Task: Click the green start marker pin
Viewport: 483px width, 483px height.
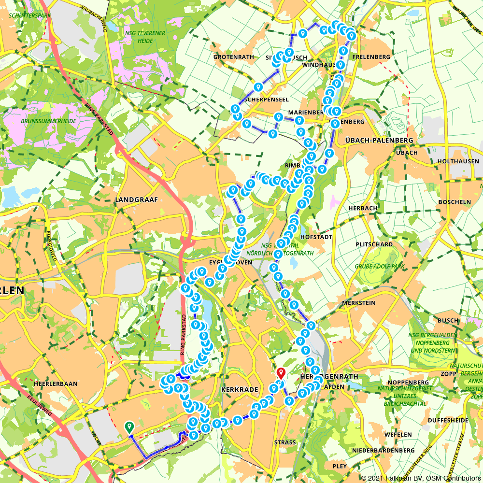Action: [129, 426]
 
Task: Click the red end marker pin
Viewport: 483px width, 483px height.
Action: [281, 372]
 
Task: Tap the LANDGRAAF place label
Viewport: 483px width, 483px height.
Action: [137, 199]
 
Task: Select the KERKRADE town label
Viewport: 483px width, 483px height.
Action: [237, 389]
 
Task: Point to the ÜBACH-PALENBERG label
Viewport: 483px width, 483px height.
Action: [379, 140]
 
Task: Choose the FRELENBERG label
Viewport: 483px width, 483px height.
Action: [371, 57]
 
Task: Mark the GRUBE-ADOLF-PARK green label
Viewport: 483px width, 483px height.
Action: [379, 266]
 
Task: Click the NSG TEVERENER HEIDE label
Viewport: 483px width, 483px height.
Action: [145, 37]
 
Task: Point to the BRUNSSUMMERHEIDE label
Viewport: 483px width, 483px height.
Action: [48, 121]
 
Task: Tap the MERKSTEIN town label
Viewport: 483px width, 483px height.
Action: [358, 302]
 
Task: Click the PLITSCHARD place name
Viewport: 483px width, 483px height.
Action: [374, 244]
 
